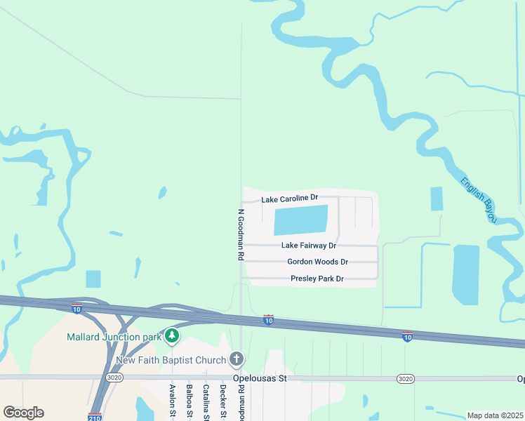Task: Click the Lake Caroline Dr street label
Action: [x=290, y=199]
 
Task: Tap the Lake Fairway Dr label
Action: [x=309, y=246]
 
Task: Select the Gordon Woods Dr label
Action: [x=317, y=262]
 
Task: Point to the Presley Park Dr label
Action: [x=317, y=279]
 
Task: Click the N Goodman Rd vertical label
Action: [x=240, y=235]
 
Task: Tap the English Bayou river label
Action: [x=479, y=200]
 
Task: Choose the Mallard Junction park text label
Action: [x=114, y=337]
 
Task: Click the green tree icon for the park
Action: [x=172, y=337]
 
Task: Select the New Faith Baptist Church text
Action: [x=171, y=360]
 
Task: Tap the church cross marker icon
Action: [x=237, y=360]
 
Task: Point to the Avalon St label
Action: [x=172, y=401]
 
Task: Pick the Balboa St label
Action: [x=189, y=401]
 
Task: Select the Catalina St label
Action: [x=206, y=401]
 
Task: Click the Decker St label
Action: [x=222, y=401]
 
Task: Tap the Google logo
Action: [x=23, y=413]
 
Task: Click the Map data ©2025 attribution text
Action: [x=494, y=415]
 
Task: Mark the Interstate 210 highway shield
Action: [x=95, y=417]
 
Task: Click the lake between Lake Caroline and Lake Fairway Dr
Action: [x=300, y=220]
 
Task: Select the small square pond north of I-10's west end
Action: [x=93, y=279]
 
